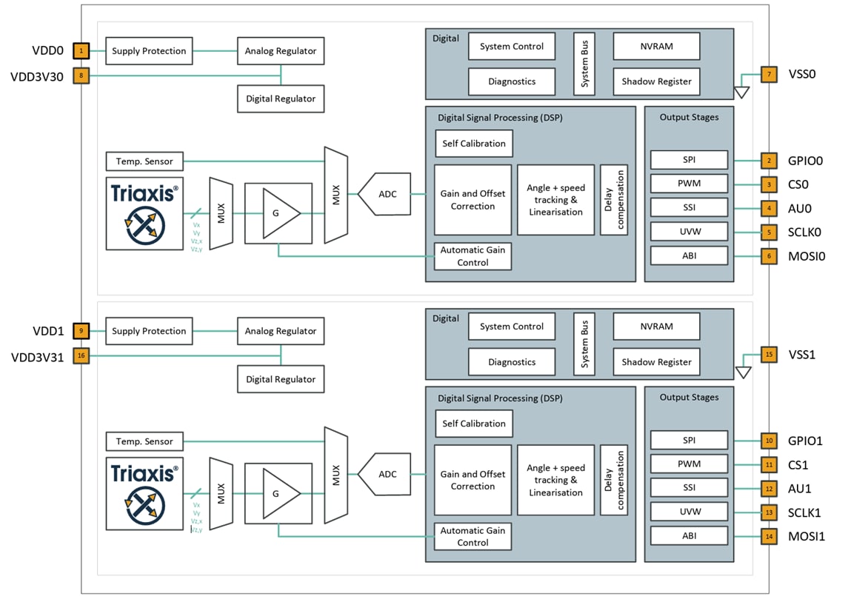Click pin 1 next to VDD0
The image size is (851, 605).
81,51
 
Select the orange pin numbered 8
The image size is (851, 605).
81,76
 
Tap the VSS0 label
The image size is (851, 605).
801,74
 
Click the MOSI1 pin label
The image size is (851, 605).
805,536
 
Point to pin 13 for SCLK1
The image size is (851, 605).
770,512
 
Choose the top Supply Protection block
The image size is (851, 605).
149,51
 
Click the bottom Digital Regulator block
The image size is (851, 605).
281,379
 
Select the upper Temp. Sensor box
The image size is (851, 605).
144,161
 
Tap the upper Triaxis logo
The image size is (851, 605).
144,213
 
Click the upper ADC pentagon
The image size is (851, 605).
386,194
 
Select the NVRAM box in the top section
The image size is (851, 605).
655,46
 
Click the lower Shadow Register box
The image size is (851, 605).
655,362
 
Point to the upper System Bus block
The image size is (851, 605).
584,64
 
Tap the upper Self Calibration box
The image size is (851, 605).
474,144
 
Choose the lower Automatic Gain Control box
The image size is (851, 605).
473,536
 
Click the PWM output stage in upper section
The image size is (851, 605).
689,184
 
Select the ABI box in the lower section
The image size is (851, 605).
689,535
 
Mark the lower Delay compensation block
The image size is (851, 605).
614,481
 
